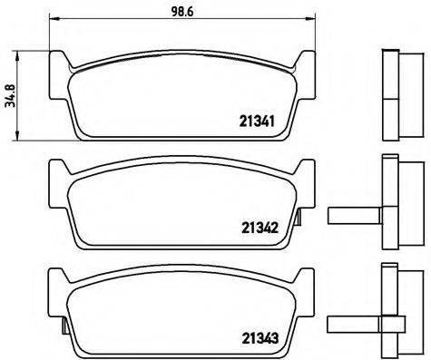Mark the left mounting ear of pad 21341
click(x=61, y=63)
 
